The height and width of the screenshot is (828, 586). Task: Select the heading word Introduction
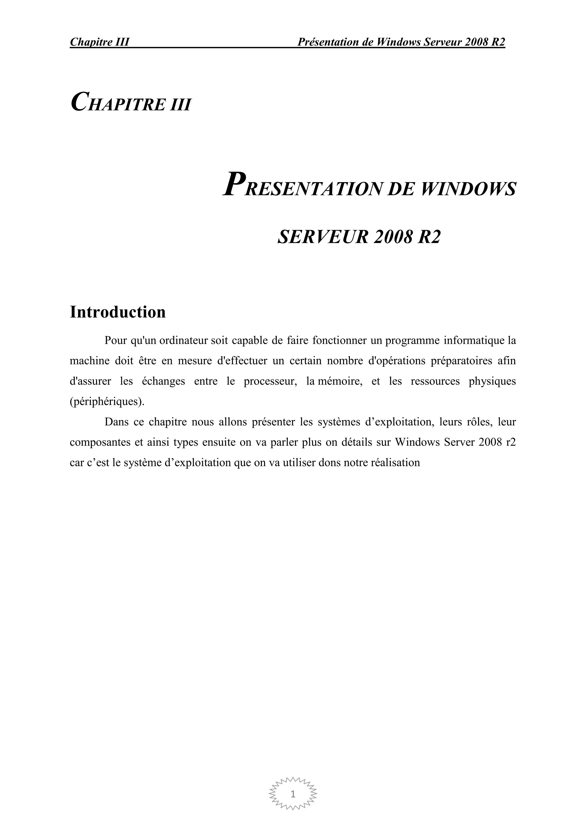[118, 312]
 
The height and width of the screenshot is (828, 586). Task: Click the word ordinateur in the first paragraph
[183, 341]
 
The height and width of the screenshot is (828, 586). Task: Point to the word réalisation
[395, 462]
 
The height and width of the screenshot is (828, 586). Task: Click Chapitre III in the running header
[100, 42]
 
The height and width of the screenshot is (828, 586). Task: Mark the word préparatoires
[462, 361]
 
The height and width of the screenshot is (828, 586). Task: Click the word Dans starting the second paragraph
[116, 422]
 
